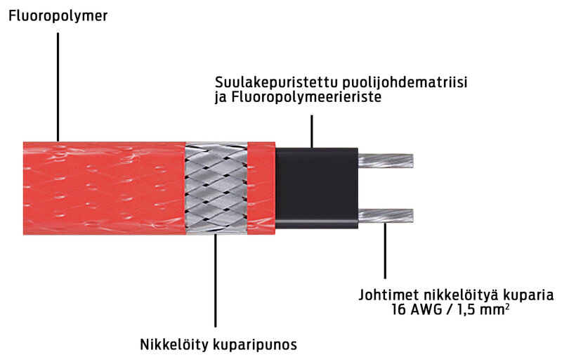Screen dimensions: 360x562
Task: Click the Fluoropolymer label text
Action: [58, 14]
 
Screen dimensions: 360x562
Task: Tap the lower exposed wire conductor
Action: [386, 214]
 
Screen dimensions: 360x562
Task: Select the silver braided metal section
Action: [216, 188]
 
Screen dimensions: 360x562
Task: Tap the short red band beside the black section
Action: [261, 188]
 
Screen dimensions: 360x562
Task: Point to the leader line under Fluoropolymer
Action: [58, 84]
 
